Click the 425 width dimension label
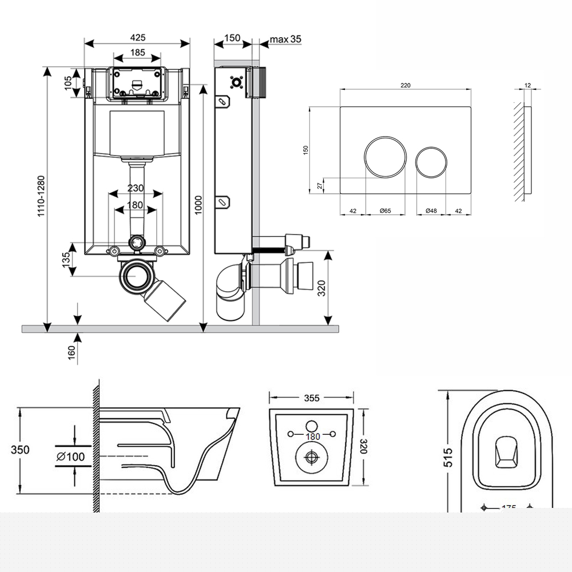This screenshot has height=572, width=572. click(x=137, y=37)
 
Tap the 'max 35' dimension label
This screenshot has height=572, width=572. click(x=285, y=39)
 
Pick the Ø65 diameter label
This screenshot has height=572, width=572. click(x=385, y=211)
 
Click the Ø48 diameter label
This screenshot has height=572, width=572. click(x=431, y=211)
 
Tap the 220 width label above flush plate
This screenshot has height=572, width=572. click(x=406, y=85)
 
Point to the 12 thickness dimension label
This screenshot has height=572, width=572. click(x=527, y=85)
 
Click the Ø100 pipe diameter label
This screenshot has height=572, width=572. click(x=71, y=456)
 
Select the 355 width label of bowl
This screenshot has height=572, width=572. click(x=311, y=398)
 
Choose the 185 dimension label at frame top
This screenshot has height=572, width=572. click(x=137, y=53)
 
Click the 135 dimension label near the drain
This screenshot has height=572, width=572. click(x=66, y=259)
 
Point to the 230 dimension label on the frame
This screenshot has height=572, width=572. click(x=135, y=188)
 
